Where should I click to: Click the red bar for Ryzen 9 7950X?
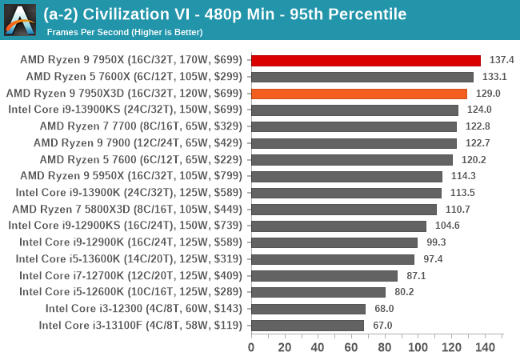[x=366, y=60]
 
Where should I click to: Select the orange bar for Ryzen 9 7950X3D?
[x=358, y=94]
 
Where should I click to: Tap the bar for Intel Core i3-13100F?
[x=307, y=326]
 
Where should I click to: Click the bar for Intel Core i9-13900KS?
[x=354, y=110]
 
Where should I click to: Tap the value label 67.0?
[x=382, y=326]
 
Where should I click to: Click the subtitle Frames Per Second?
[x=124, y=32]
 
